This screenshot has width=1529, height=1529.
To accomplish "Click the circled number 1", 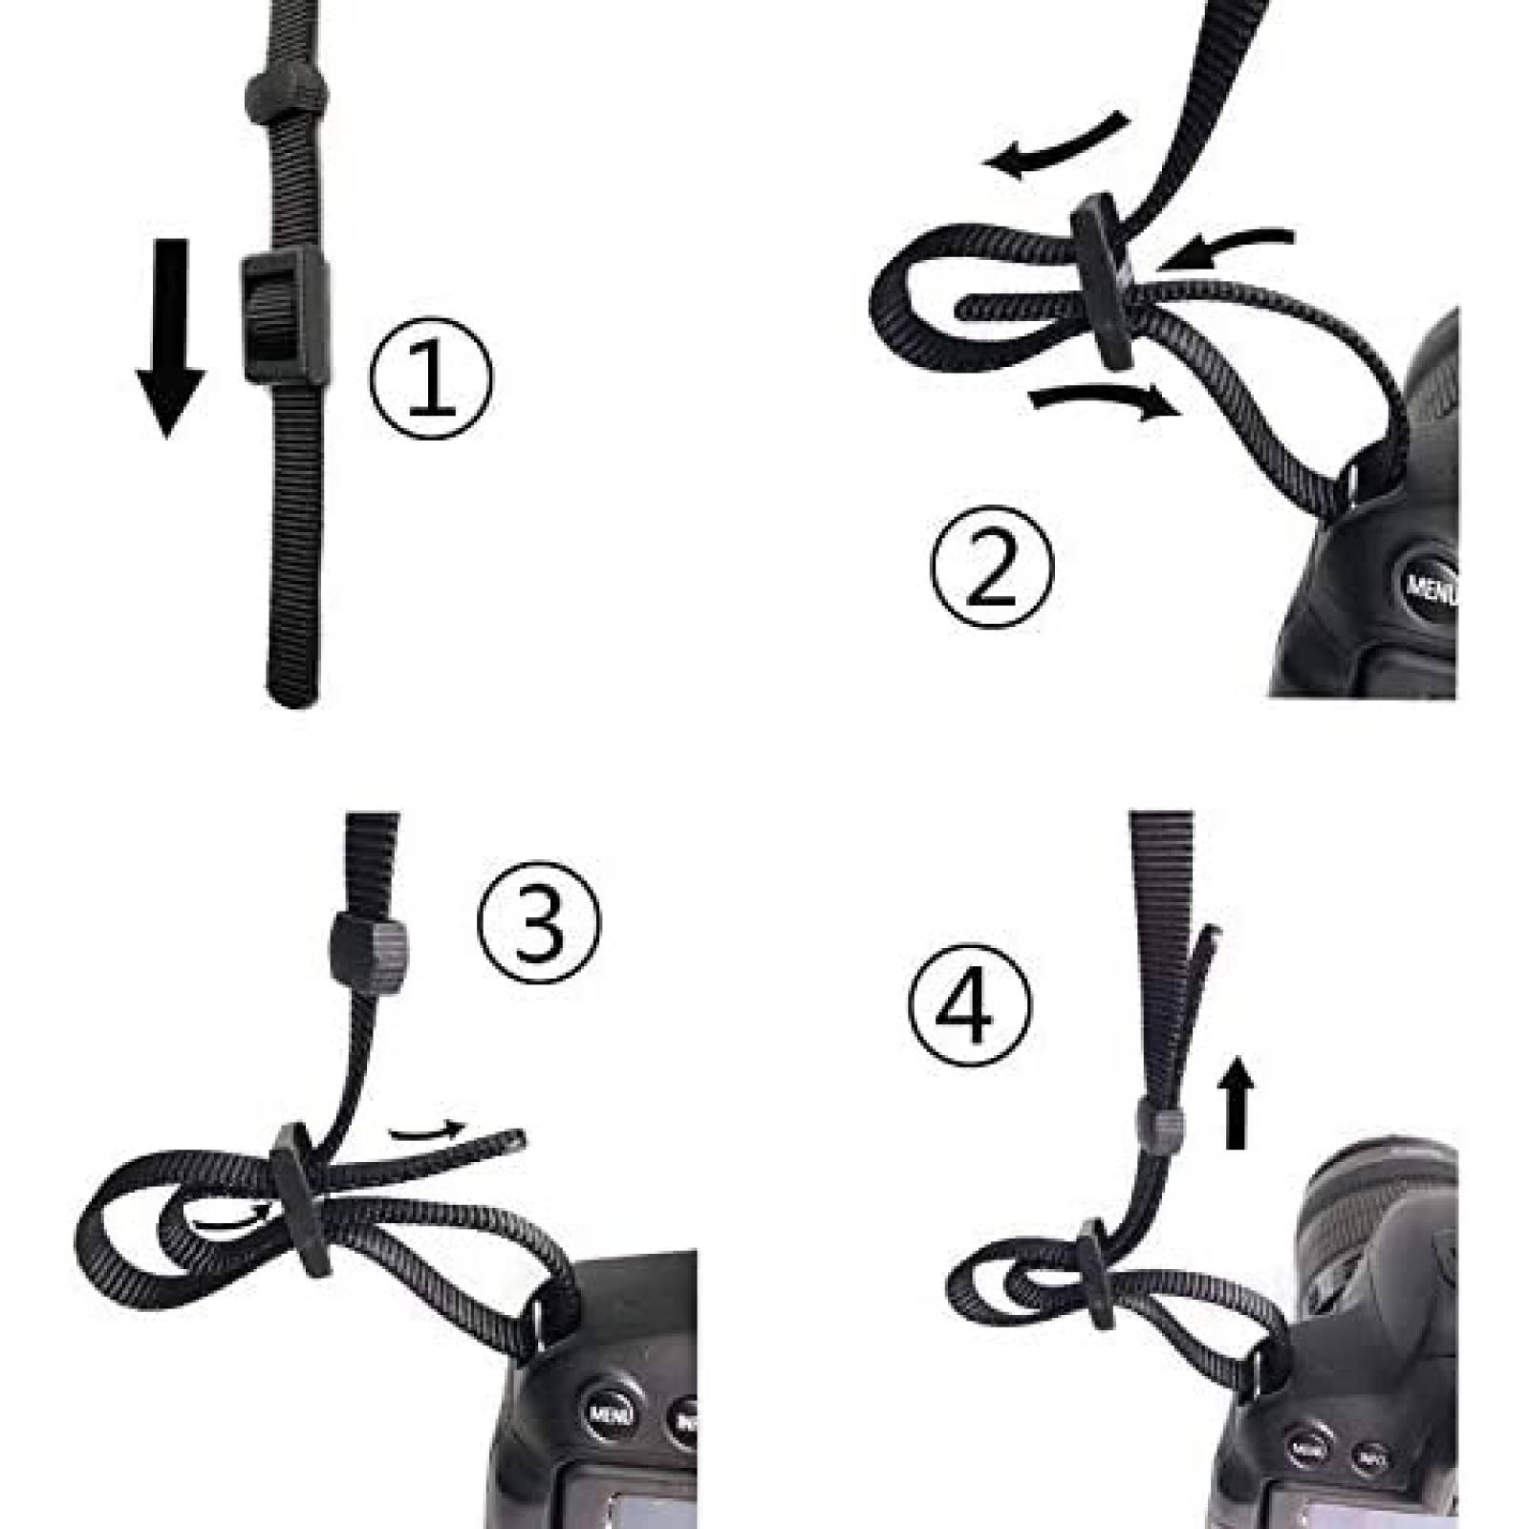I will [432, 377].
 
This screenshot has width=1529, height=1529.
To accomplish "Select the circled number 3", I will [540, 920].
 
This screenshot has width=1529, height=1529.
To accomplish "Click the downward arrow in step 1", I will [170, 339].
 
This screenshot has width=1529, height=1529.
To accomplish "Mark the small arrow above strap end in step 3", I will [426, 1131].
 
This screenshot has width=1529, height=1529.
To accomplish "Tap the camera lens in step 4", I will [1381, 1218].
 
